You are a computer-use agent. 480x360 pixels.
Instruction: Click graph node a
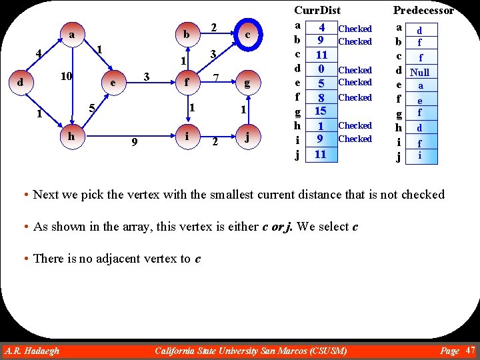71,33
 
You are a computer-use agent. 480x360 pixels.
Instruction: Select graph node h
71,135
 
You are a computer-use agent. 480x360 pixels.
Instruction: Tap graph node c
247,33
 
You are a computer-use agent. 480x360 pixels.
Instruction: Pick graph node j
247,139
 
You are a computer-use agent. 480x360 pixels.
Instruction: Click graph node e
114,83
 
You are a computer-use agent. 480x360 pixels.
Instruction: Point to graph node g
247,83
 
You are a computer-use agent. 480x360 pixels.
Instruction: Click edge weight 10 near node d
67,76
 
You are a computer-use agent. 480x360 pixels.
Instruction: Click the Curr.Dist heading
317,10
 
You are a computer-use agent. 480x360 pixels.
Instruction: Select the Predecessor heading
423,10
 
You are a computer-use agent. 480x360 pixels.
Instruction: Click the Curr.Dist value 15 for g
321,111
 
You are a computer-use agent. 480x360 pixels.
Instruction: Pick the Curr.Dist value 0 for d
321,69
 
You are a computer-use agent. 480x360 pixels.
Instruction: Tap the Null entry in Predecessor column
420,72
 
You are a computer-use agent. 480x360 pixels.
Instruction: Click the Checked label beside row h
355,125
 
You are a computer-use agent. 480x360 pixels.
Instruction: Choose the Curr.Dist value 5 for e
321,83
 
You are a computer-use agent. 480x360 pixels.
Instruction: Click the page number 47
470,350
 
